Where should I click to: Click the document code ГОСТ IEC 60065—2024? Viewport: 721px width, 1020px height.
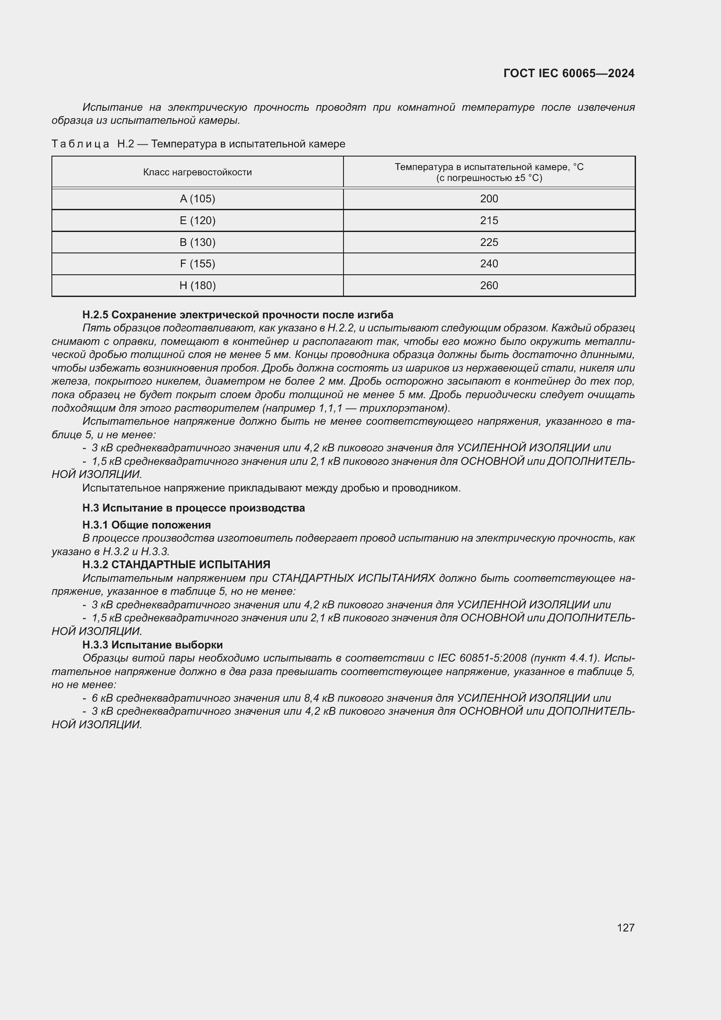pyautogui.click(x=569, y=73)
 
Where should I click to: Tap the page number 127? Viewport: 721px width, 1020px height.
pyautogui.click(x=626, y=928)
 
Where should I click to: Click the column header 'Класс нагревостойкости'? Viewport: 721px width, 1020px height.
pyautogui.click(x=197, y=172)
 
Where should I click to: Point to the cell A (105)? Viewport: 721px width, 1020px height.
pyautogui.click(x=197, y=199)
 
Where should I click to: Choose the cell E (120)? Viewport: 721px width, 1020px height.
pyautogui.click(x=197, y=221)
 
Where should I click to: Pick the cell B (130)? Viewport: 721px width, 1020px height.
pyautogui.click(x=197, y=242)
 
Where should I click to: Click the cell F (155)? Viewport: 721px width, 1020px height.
pyautogui.click(x=197, y=264)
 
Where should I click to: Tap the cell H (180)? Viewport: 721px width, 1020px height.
pyautogui.click(x=197, y=286)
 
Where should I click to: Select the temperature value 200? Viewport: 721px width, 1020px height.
pyautogui.click(x=489, y=199)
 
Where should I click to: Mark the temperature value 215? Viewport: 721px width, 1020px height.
pyautogui.click(x=489, y=221)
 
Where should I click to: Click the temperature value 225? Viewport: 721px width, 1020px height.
pyautogui.click(x=489, y=242)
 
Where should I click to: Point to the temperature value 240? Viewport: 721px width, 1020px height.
pyautogui.click(x=489, y=264)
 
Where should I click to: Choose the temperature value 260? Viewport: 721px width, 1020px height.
pyautogui.click(x=489, y=286)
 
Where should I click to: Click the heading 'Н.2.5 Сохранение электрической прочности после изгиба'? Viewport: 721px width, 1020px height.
pyautogui.click(x=238, y=315)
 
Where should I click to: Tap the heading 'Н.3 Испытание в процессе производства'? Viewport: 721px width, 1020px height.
pyautogui.click(x=194, y=508)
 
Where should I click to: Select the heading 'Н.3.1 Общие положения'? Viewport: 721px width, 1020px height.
pyautogui.click(x=146, y=525)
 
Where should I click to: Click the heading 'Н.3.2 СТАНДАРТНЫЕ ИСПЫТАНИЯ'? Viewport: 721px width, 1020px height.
pyautogui.click(x=176, y=565)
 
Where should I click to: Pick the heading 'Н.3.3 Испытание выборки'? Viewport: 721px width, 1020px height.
pyautogui.click(x=152, y=645)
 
